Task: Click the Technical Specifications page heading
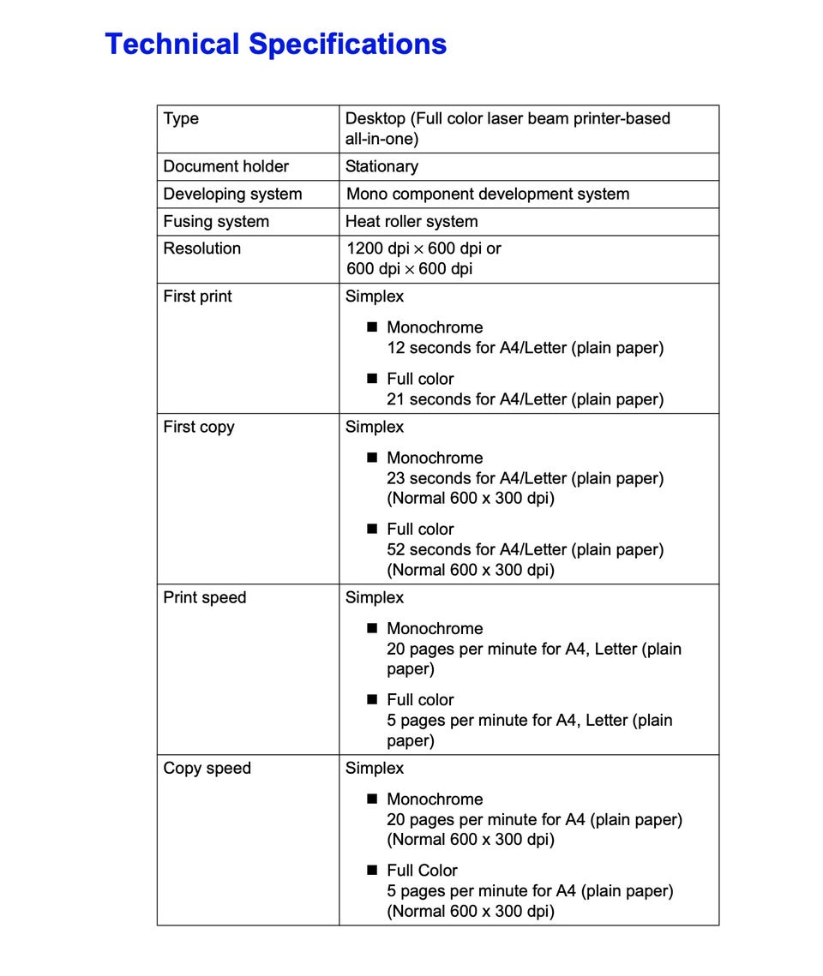[x=275, y=44]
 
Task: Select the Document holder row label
[x=225, y=166]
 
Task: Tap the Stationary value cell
[x=381, y=166]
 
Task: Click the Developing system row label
[x=232, y=194]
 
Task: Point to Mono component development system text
[x=487, y=194]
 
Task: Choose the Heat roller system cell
[x=411, y=221]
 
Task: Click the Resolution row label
[x=201, y=248]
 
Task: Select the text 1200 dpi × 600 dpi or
[x=424, y=248]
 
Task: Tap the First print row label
[x=197, y=296]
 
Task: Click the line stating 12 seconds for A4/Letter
[x=525, y=348]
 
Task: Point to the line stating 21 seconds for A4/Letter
[x=525, y=399]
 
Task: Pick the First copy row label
[x=198, y=427]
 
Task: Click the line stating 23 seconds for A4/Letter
[x=525, y=478]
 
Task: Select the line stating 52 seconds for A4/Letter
[x=525, y=549]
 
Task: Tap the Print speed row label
[x=204, y=597]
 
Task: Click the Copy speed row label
[x=207, y=768]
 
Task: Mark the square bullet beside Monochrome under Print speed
[x=372, y=628]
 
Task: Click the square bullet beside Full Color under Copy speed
[x=372, y=870]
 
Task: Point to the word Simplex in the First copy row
[x=374, y=427]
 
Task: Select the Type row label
[x=181, y=119]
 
